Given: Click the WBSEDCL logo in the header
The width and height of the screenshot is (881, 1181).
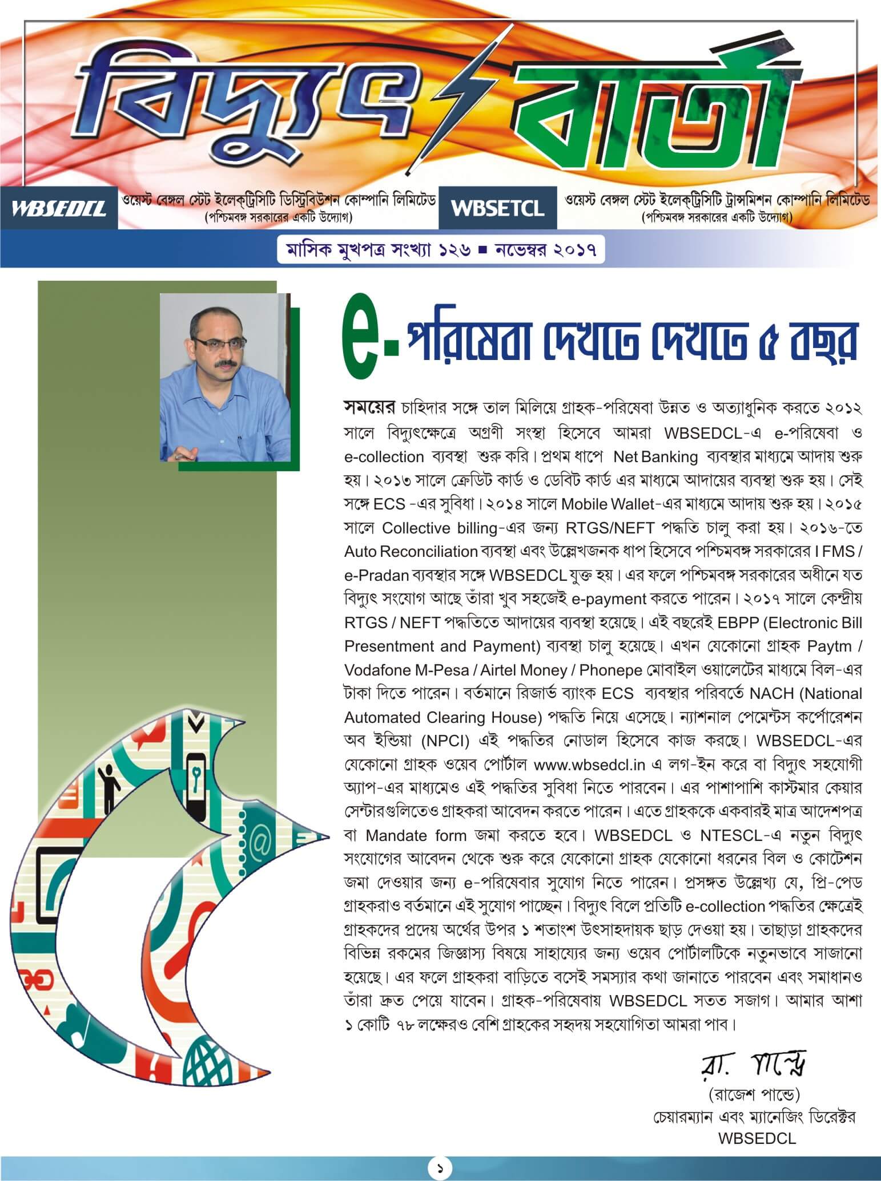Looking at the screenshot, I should (x=59, y=208).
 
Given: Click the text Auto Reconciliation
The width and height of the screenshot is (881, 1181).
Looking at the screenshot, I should (x=411, y=552).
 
